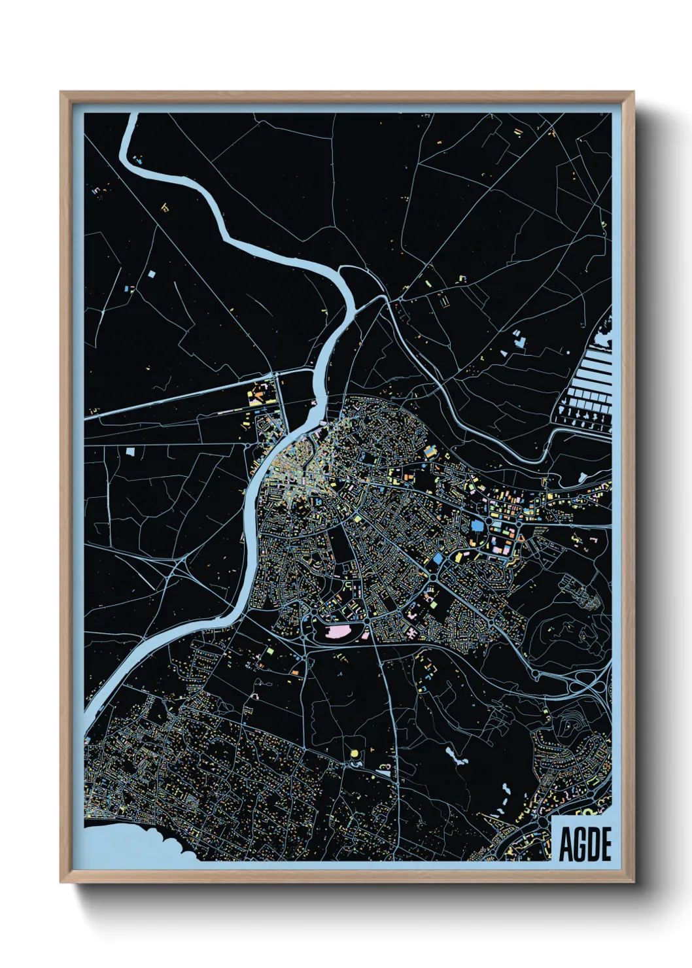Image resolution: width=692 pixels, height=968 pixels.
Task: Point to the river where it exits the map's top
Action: point(131,118)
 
